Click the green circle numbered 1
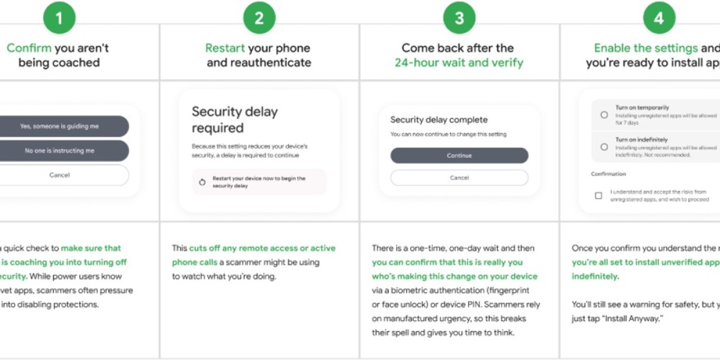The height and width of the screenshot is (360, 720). [x=59, y=19]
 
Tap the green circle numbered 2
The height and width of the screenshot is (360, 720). [x=259, y=19]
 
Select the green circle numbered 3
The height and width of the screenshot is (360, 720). [x=459, y=19]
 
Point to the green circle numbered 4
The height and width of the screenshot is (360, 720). [x=659, y=19]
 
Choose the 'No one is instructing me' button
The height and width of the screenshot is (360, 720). [x=59, y=151]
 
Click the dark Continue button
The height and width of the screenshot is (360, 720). [x=459, y=155]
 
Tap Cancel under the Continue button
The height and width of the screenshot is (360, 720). [x=459, y=178]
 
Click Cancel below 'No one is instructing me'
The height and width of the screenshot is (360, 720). [x=59, y=175]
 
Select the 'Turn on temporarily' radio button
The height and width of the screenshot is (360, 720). [x=604, y=115]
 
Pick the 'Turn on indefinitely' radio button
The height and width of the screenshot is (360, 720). [x=604, y=146]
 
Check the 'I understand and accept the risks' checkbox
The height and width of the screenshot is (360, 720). [x=598, y=196]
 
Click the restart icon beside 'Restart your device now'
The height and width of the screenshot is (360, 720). [x=202, y=182]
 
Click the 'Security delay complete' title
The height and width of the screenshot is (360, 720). [x=439, y=120]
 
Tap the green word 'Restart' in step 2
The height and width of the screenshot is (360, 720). [x=225, y=48]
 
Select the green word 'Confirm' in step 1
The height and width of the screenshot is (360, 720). [x=29, y=48]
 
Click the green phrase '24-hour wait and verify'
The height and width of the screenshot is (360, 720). [x=459, y=62]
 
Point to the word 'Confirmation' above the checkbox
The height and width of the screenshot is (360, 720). [x=608, y=174]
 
